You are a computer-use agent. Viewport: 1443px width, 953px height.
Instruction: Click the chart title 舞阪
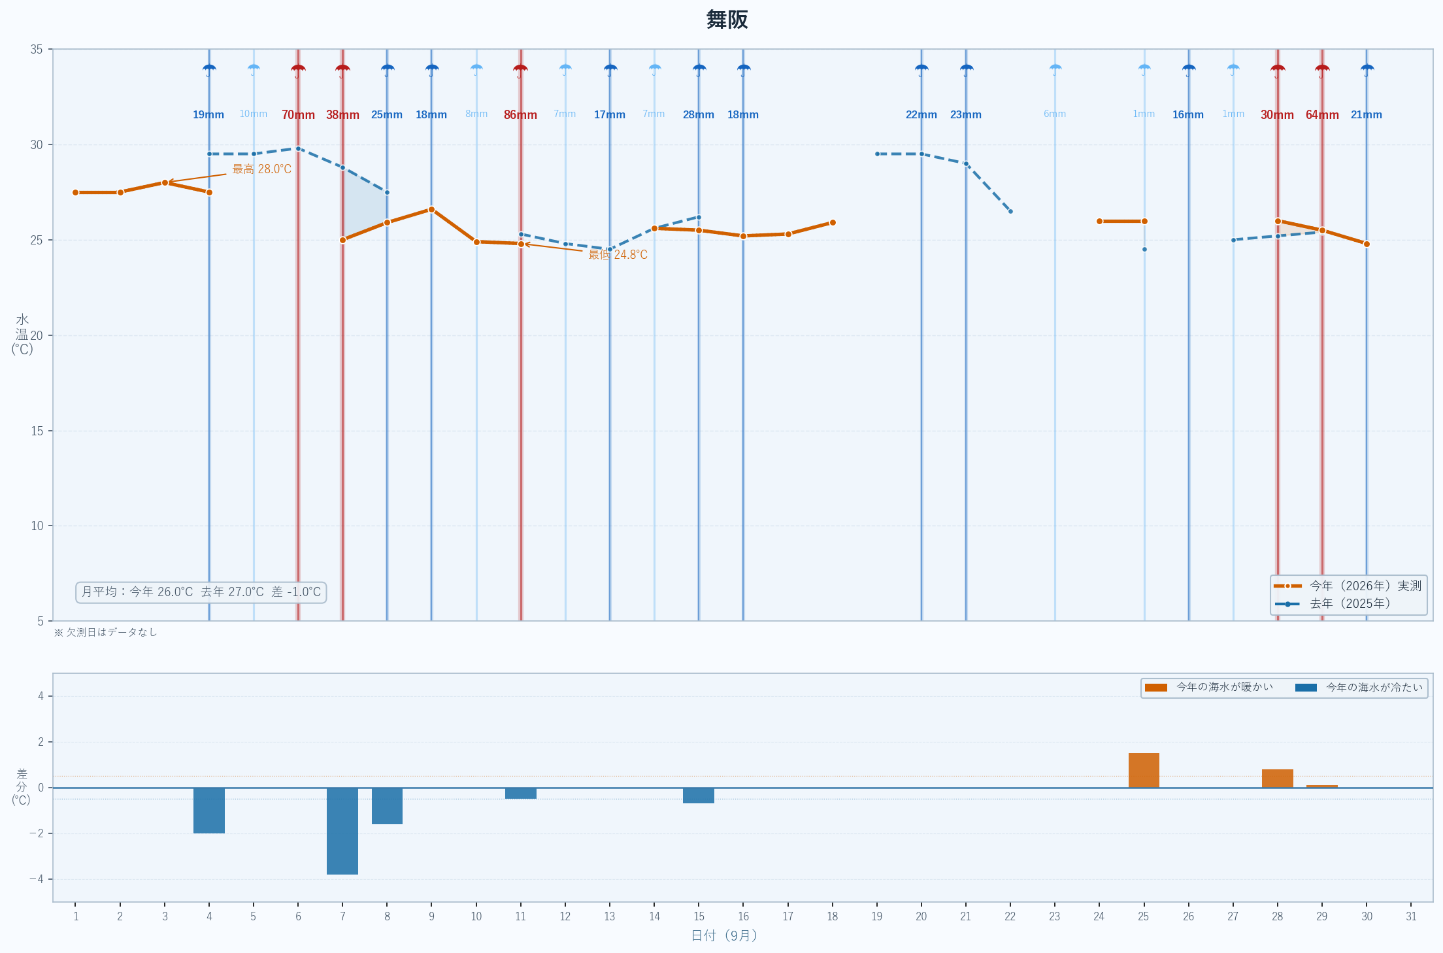point(727,20)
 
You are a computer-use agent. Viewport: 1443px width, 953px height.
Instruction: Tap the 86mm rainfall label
point(520,115)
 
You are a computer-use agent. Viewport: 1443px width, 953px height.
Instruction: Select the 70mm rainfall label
point(298,115)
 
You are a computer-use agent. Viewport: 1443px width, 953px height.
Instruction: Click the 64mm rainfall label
point(1322,115)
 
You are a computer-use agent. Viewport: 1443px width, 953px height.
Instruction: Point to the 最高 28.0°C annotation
point(261,169)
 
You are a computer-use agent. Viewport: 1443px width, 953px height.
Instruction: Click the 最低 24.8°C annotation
point(618,255)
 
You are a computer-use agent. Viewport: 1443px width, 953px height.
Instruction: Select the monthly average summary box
point(201,592)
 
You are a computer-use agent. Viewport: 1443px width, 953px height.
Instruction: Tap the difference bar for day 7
point(342,831)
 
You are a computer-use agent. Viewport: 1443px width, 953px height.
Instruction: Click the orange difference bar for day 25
point(1144,770)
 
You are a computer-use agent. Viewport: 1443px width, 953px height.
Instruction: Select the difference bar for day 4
point(209,811)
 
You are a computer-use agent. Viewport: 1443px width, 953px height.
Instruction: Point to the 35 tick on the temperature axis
point(37,50)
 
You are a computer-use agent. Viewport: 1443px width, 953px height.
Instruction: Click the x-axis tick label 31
point(1411,916)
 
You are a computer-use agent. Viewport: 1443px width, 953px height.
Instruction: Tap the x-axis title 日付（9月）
point(724,936)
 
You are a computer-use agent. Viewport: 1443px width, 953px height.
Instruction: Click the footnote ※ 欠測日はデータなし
point(105,632)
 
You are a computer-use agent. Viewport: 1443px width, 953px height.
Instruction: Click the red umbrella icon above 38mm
point(342,70)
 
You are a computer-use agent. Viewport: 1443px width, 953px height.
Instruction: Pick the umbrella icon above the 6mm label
point(1055,70)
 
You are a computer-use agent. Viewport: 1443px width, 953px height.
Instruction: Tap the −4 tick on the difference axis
point(37,879)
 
